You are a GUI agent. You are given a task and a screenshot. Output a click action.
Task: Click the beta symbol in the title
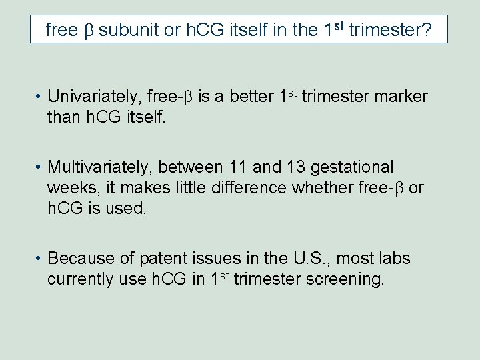pos(88,31)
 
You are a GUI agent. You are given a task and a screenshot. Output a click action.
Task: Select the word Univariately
pos(94,97)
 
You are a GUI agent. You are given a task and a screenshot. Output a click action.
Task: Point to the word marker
pos(401,97)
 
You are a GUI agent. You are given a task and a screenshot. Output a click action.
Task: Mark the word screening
pos(345,279)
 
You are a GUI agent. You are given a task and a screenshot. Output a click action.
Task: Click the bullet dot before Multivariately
pos(39,167)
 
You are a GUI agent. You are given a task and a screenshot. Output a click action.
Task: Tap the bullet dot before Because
pos(39,259)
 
